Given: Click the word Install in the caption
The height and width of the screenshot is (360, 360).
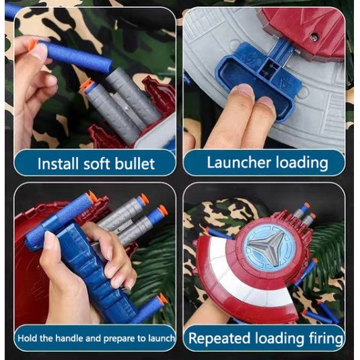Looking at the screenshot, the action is click(58, 164).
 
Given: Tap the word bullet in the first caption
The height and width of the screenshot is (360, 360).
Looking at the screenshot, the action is click(135, 164).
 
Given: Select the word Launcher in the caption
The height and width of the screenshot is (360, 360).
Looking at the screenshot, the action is click(239, 162).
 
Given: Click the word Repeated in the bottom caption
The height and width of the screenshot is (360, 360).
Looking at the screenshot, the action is click(219, 338).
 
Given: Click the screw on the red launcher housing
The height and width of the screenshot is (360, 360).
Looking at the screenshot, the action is click(314, 36).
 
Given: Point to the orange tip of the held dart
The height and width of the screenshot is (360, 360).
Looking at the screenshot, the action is click(32, 45).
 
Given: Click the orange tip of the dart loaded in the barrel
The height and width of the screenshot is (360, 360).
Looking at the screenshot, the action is click(86, 85).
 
